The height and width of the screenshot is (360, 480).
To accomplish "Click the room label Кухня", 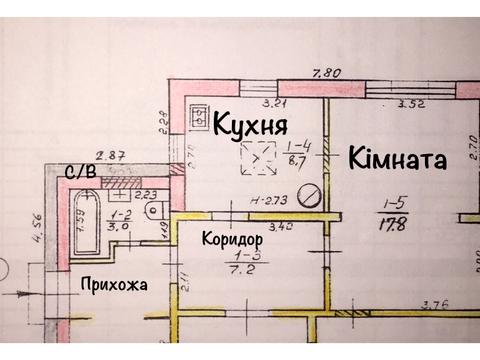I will [250, 125].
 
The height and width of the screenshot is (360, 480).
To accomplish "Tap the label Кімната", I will [397, 158].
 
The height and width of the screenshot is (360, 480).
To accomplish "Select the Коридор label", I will [232, 241].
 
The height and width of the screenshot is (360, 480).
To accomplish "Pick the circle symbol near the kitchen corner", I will [312, 196].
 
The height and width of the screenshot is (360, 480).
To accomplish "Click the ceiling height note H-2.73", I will [267, 200].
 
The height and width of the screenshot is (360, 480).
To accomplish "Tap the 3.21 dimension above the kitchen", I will [272, 102].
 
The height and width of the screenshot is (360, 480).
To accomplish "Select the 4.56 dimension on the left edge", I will [38, 231].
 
